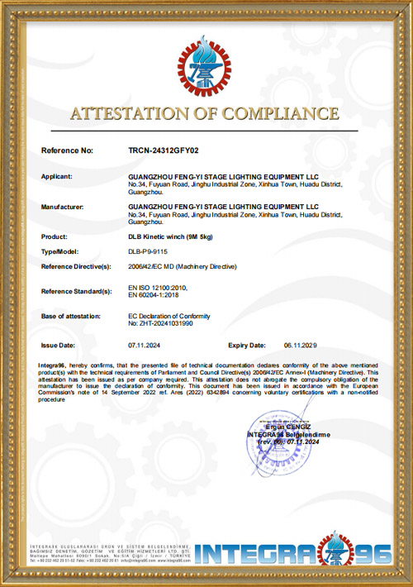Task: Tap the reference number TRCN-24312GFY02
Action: pos(164,152)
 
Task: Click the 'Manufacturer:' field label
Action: pos(64,207)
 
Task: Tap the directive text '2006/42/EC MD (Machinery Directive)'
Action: pos(182,266)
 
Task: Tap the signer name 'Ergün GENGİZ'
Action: pos(286,427)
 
